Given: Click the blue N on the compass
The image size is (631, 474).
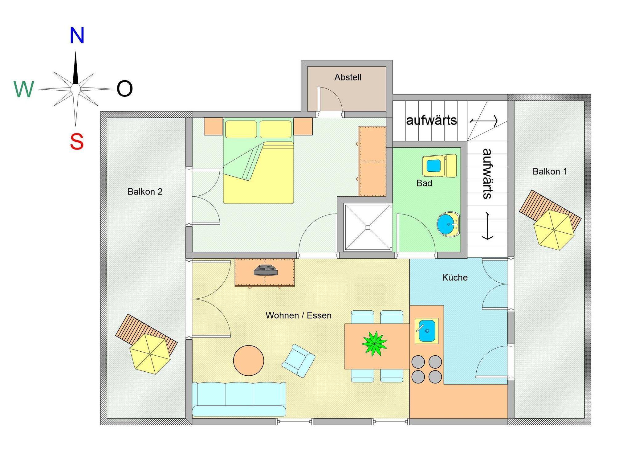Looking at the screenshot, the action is [x=77, y=35].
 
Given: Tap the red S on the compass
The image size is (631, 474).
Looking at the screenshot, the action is [x=77, y=141].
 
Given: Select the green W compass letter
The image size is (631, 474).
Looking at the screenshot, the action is [x=24, y=89].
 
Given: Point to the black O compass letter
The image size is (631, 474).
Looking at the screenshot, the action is [x=124, y=89].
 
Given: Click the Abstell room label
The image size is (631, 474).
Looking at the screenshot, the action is [x=348, y=77].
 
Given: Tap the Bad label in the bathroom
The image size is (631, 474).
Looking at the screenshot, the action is [x=424, y=183].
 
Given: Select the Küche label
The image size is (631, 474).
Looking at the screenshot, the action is [x=455, y=277].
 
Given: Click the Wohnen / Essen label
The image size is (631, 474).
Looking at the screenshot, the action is [x=299, y=315].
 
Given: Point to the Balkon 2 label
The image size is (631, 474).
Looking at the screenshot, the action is [x=145, y=191].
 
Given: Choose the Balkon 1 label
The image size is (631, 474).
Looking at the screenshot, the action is [x=550, y=171].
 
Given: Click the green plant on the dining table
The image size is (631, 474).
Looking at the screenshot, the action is [x=374, y=343].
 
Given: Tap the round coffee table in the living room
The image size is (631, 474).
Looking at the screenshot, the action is [x=249, y=361].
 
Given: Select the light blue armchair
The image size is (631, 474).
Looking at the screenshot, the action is [x=298, y=361].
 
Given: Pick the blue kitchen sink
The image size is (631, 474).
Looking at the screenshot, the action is [x=427, y=331].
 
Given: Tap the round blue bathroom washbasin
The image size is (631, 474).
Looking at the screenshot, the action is [x=447, y=224].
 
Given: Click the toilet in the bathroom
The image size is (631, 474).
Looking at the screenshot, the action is [x=439, y=166].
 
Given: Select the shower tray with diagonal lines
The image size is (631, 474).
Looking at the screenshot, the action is [x=368, y=227].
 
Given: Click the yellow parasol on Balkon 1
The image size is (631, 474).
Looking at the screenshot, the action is [x=554, y=230].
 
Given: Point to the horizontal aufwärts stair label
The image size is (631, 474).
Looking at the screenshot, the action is [x=431, y=121].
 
